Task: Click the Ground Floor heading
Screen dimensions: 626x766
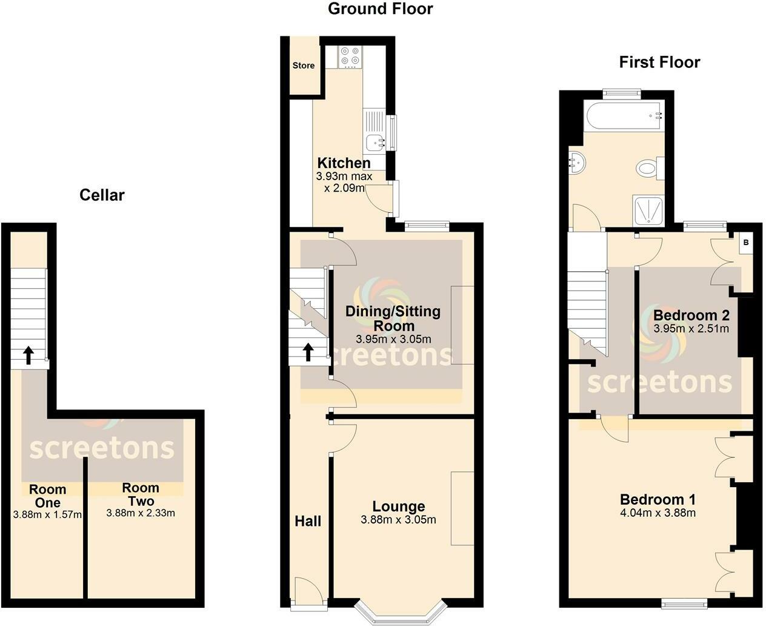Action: tap(381, 8)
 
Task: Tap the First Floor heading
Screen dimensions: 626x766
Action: tap(659, 62)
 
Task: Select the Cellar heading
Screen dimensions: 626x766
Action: tap(102, 195)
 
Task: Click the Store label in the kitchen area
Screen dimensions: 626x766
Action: tap(304, 66)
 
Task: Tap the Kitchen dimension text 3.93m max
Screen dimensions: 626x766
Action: tap(344, 177)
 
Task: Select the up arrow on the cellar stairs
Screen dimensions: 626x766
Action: tap(28, 355)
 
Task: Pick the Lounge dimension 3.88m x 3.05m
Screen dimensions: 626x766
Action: tap(398, 520)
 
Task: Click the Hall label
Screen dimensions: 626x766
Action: tap(308, 521)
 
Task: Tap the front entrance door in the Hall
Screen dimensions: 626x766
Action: tap(308, 592)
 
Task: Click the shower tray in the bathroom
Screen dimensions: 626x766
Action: tap(648, 210)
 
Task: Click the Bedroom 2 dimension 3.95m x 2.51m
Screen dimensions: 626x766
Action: tap(691, 329)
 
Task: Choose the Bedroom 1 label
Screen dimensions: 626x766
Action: tap(658, 500)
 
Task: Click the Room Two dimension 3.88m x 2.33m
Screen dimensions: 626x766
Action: tap(141, 513)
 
